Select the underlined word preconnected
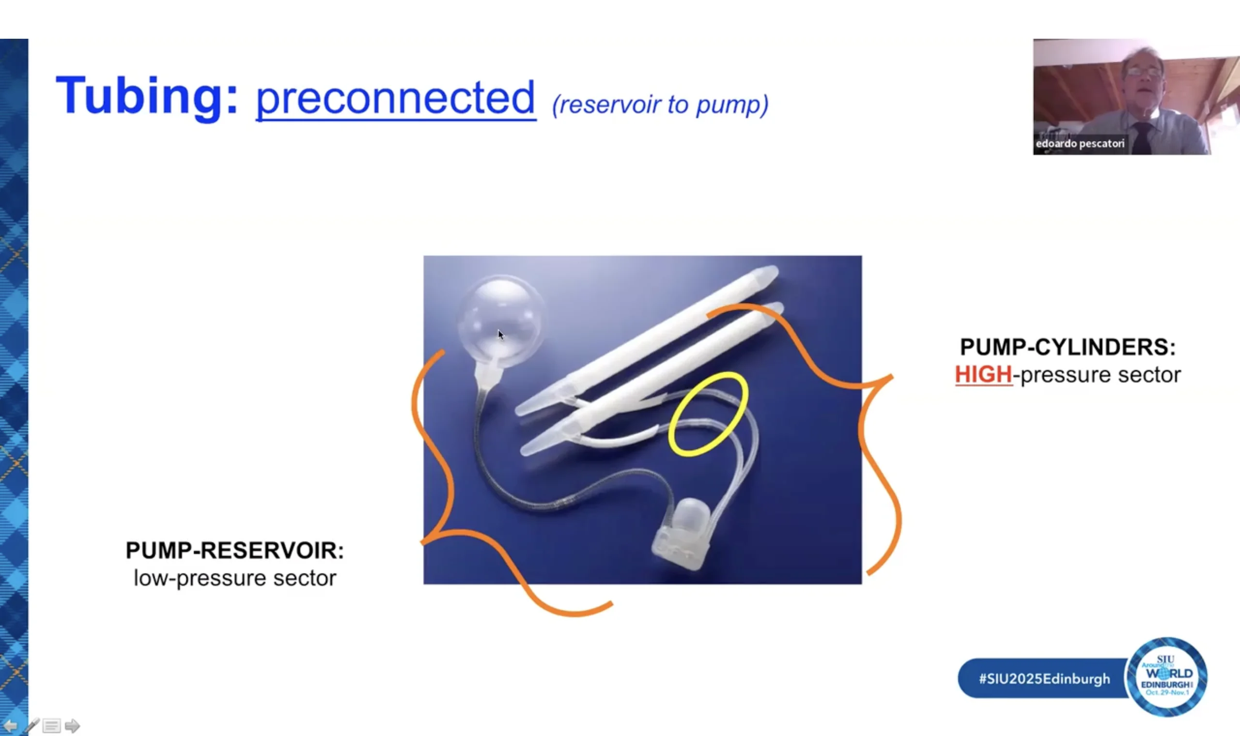pyautogui.click(x=396, y=98)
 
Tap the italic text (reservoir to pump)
pyautogui.click(x=660, y=105)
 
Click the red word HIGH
pyautogui.click(x=983, y=374)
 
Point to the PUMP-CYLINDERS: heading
pyautogui.click(x=1068, y=347)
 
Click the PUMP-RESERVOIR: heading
pyautogui.click(x=234, y=551)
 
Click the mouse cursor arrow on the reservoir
pyautogui.click(x=500, y=335)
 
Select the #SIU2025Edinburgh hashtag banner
pyautogui.click(x=1043, y=678)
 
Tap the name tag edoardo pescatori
pyautogui.click(x=1080, y=144)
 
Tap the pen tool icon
pyautogui.click(x=32, y=725)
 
